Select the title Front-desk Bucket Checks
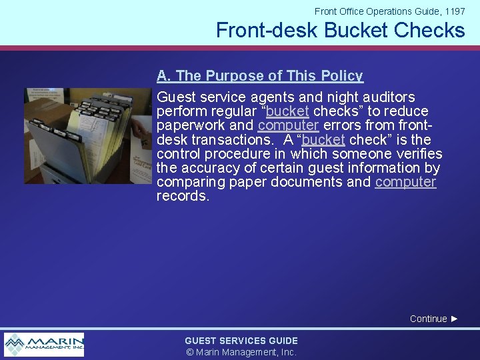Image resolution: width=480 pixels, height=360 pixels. click(340, 30)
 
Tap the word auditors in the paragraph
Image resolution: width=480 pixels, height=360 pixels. click(387, 97)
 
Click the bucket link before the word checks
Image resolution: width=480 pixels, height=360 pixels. click(287, 111)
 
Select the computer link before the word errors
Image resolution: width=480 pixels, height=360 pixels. click(288, 125)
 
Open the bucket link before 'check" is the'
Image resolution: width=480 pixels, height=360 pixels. click(323, 140)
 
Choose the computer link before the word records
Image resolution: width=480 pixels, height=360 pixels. click(405, 182)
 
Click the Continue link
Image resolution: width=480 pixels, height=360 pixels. click(428, 319)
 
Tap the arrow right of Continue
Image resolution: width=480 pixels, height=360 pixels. click(455, 319)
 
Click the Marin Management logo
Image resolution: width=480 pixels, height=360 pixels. click(44, 344)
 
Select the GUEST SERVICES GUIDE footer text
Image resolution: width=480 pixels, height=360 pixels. click(241, 341)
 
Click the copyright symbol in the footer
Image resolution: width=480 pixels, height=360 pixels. click(189, 352)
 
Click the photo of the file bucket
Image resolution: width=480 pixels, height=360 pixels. click(88, 135)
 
